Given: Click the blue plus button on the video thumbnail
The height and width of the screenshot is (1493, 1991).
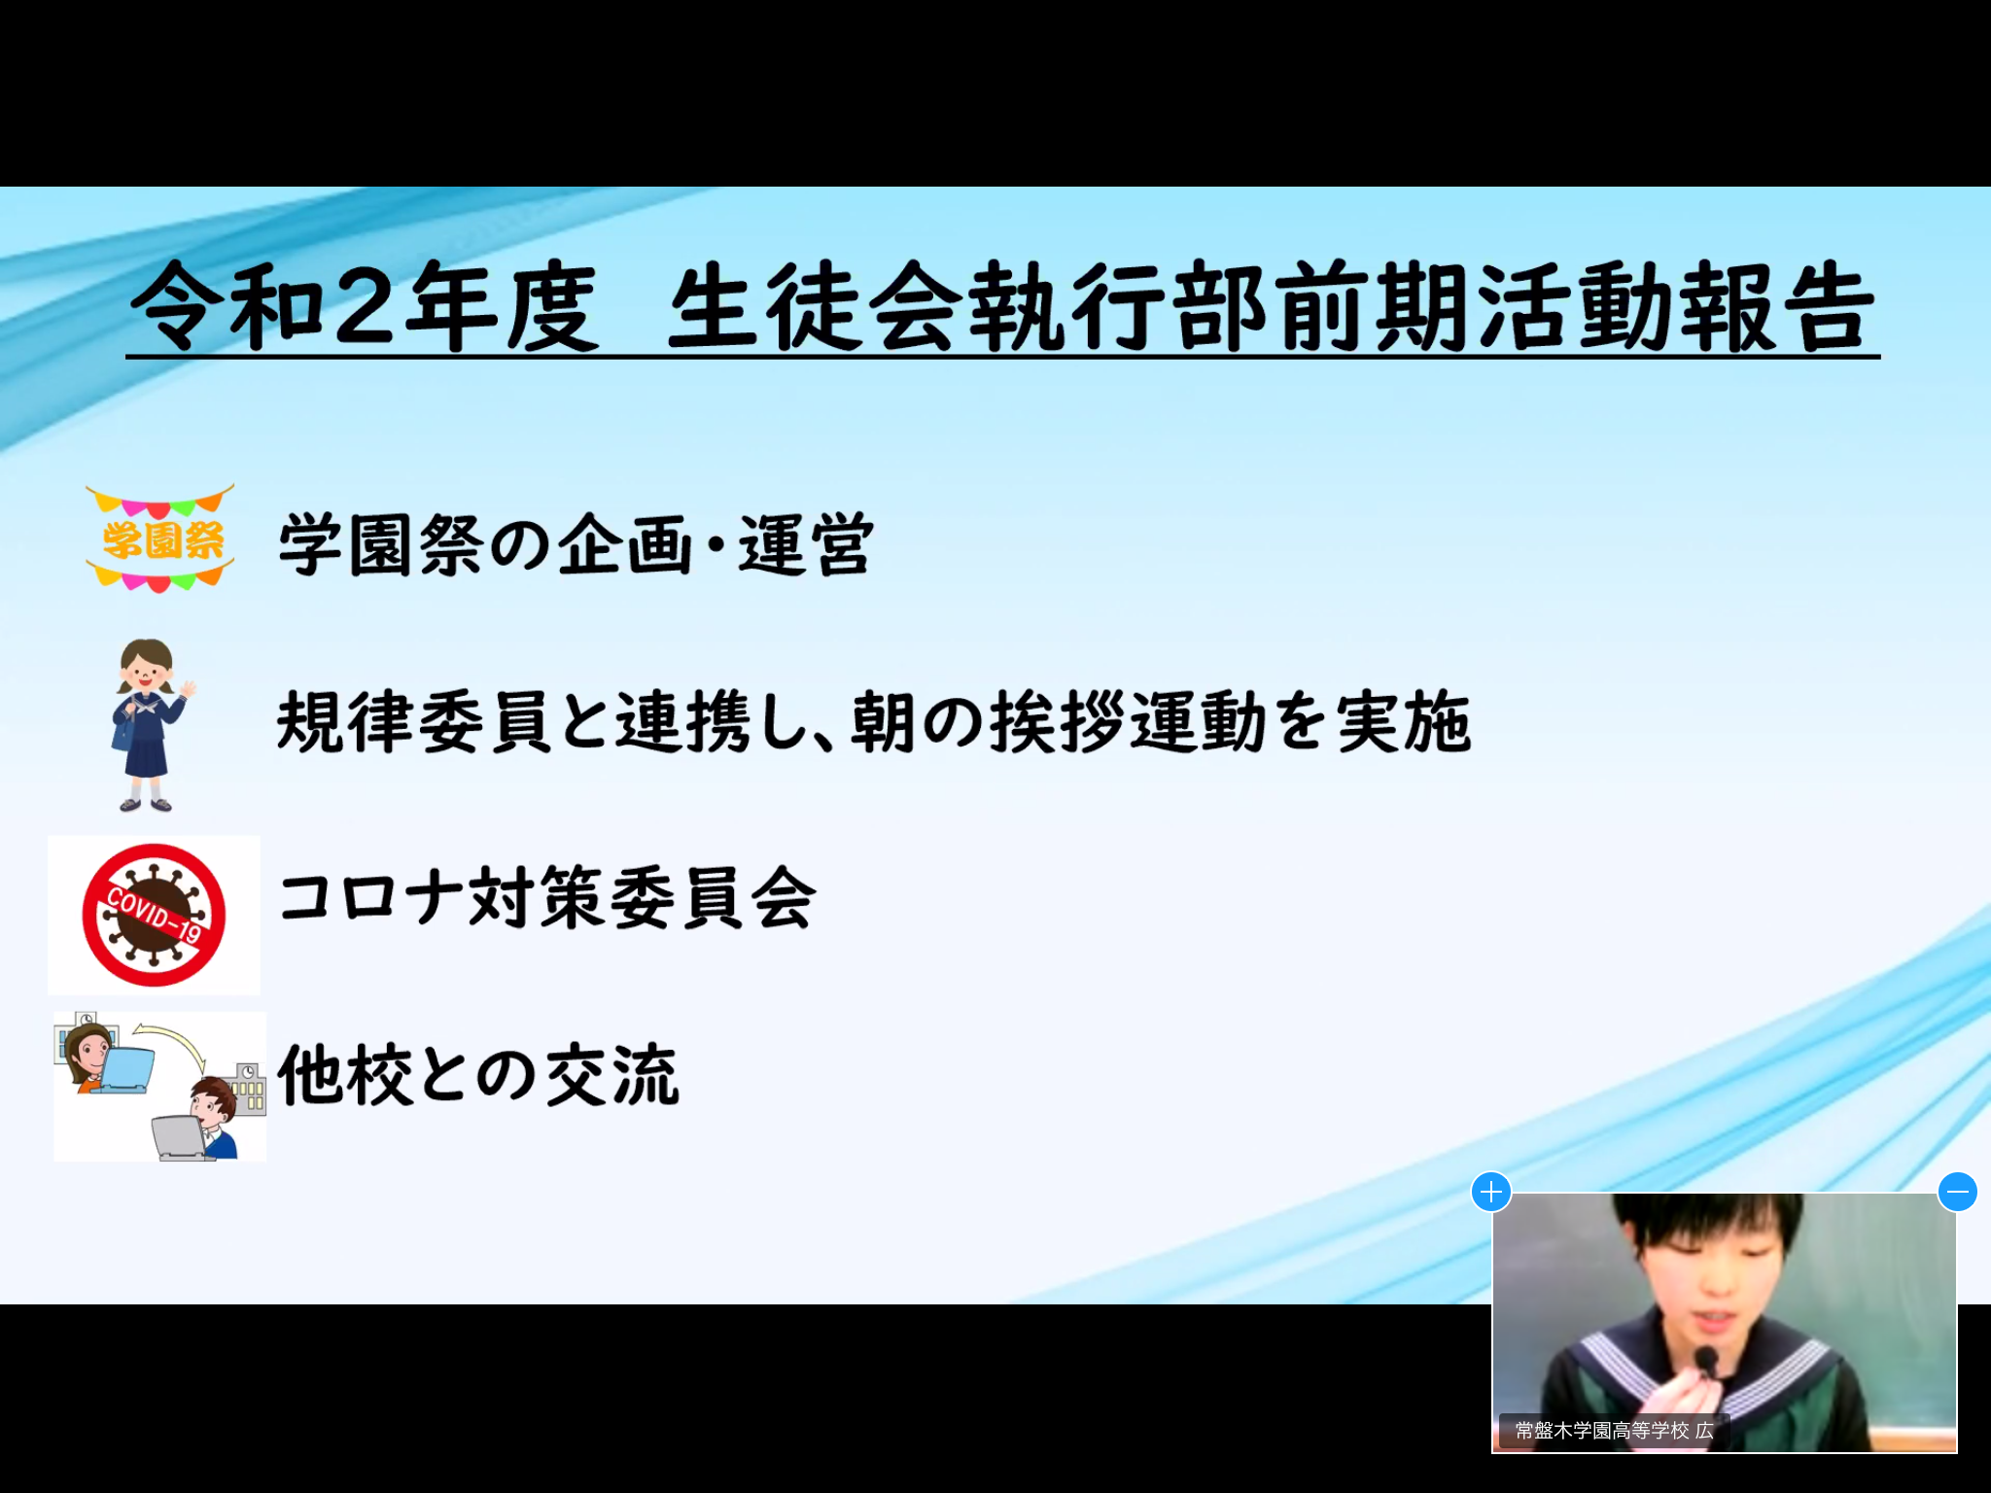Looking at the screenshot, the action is tap(1491, 1192).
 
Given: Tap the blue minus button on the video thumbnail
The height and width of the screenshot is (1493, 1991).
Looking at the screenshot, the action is tap(1957, 1192).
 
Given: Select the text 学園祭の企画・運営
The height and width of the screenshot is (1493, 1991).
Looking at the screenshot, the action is tap(576, 544).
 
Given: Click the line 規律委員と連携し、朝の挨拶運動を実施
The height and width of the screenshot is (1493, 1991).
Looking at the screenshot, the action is tap(874, 721).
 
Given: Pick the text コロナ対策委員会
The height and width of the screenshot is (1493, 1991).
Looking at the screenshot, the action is tap(546, 897).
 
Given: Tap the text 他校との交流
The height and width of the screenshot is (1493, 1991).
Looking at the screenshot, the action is tap(477, 1075).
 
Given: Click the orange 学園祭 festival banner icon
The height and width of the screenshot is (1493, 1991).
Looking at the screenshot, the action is tap(160, 538).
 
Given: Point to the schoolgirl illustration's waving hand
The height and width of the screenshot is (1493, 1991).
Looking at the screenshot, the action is tap(187, 691).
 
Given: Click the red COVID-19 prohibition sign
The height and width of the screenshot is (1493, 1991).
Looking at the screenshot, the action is tap(154, 915).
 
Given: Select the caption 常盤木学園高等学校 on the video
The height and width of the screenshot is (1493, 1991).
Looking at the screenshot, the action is tap(1602, 1430).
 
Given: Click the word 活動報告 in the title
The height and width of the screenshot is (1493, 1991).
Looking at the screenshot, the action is tap(1677, 306).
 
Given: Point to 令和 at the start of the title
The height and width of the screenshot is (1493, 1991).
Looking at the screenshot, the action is tap(228, 306).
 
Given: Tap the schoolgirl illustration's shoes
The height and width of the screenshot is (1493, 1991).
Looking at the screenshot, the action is tap(146, 804).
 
